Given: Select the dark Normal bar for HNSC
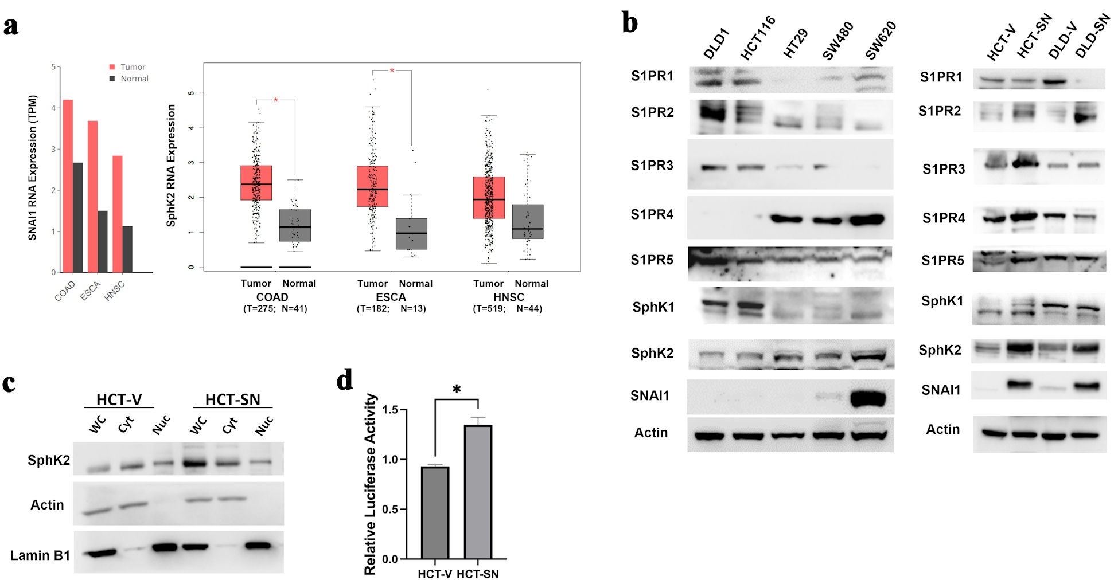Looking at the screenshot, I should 127,249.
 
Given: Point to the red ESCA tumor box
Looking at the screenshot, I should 372,186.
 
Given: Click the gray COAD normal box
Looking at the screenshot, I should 295,225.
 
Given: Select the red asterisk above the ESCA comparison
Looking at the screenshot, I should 392,71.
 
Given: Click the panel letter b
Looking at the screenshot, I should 630,24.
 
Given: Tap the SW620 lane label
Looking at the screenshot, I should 881,40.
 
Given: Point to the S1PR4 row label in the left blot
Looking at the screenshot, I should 652,214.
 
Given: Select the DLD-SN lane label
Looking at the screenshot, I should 1092,37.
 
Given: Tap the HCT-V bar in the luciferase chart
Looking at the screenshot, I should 435,512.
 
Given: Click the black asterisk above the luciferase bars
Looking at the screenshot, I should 457,390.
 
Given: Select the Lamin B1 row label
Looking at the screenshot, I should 40,555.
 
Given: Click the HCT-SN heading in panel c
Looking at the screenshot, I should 232,399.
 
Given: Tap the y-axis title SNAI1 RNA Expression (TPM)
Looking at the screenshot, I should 33,167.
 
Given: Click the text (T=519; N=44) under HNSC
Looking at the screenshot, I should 507,309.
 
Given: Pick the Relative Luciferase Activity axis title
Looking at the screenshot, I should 371,484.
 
